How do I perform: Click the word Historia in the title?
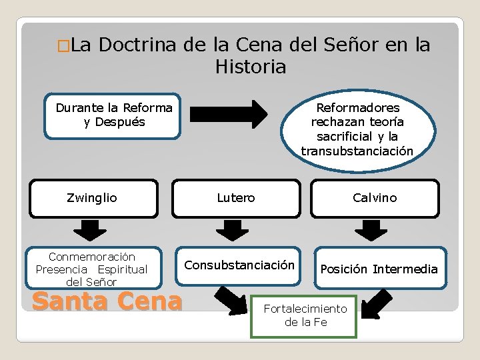click(251, 67)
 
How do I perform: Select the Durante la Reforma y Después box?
click(114, 115)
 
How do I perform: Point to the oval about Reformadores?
click(357, 129)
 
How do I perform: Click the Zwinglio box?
click(92, 198)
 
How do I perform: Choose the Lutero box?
click(236, 198)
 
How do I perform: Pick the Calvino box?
click(375, 198)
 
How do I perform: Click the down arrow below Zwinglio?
click(89, 230)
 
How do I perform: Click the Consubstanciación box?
click(239, 265)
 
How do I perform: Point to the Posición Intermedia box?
click(379, 269)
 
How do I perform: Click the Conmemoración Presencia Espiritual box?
click(92, 269)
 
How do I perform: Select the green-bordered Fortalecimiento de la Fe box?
click(305, 316)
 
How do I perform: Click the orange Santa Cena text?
click(107, 301)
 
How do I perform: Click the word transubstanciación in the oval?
click(357, 151)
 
